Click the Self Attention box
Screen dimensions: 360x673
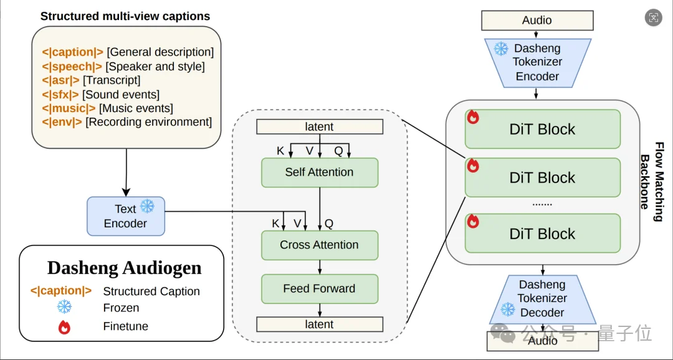pos(319,173)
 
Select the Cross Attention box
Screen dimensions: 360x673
pos(319,245)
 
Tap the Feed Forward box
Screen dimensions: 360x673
pos(319,289)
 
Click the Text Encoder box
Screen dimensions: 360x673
pos(125,216)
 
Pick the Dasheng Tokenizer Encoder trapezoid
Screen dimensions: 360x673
pos(537,62)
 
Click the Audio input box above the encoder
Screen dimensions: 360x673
pos(537,21)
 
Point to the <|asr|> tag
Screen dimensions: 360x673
pos(60,80)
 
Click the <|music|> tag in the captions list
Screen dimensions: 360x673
pos(69,108)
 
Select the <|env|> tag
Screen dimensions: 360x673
pos(62,122)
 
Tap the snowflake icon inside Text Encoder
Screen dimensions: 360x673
pos(147,207)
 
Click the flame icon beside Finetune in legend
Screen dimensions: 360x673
pos(64,327)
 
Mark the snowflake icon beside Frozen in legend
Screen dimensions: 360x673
pos(64,307)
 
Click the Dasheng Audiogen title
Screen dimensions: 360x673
pos(125,268)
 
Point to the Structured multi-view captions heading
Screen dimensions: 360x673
pos(125,16)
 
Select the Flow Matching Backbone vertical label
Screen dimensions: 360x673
pos(652,182)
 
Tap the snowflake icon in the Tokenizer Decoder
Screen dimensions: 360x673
pos(508,309)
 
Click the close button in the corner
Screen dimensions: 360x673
pos(653,17)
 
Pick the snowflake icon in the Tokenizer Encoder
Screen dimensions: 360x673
pos(501,49)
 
